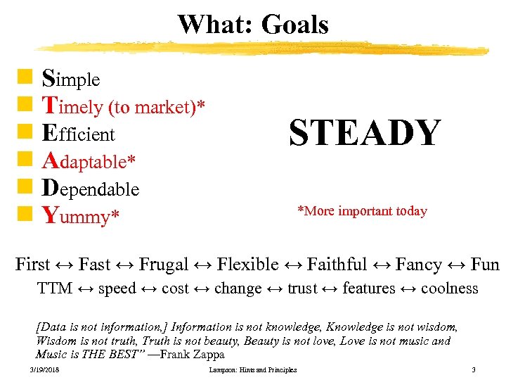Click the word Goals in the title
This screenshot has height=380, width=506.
tap(294, 25)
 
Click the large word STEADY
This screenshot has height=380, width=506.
tap(365, 133)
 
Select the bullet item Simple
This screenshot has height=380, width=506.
tap(71, 80)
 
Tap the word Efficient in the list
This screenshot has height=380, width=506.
tap(78, 133)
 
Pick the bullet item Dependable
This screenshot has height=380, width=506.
tap(91, 189)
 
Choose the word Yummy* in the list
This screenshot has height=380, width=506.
tap(78, 216)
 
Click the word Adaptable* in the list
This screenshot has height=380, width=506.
tap(89, 161)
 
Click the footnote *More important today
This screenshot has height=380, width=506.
tap(362, 211)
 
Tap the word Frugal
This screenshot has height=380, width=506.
tap(164, 265)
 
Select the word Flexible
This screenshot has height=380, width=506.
tap(247, 265)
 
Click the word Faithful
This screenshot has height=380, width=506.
tap(337, 265)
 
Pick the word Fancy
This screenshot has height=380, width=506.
tap(418, 265)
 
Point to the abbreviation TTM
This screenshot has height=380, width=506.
tap(55, 289)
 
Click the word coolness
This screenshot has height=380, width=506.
tap(449, 289)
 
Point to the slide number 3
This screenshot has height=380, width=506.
tap(474, 370)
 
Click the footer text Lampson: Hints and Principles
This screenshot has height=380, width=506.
tap(253, 370)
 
